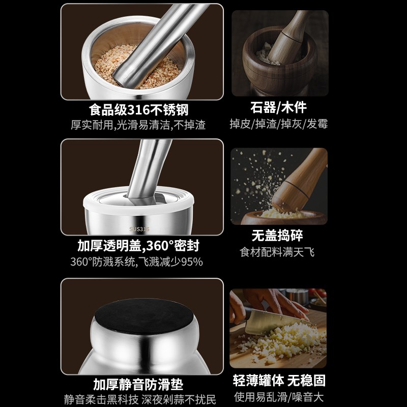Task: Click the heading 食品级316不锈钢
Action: (x=142, y=110)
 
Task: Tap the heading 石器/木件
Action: (x=279, y=107)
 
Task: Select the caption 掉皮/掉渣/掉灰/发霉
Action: (x=279, y=124)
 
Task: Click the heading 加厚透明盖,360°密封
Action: (x=138, y=246)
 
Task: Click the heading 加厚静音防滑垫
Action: (x=138, y=384)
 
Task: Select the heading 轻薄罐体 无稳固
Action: (x=279, y=381)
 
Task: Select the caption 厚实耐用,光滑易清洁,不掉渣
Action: (x=142, y=125)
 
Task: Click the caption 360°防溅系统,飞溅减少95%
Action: (x=136, y=262)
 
